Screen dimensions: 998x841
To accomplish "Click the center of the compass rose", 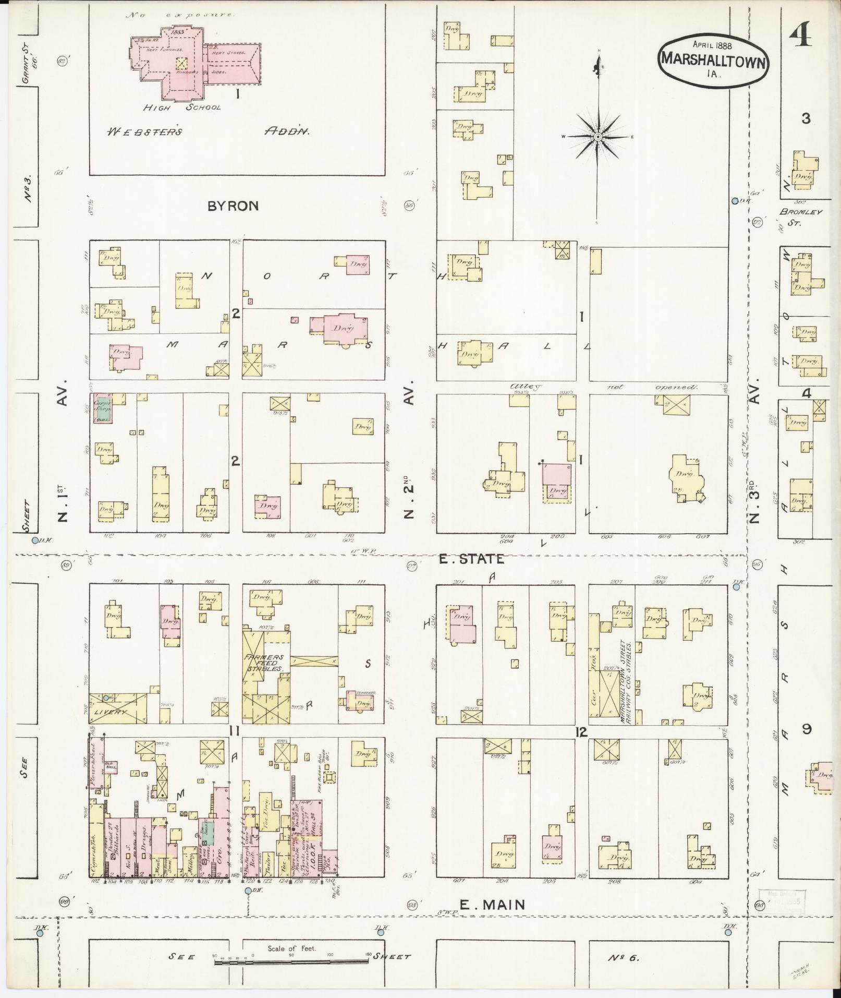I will pos(598,137).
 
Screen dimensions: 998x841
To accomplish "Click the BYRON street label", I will pos(233,206).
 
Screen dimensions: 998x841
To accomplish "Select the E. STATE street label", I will pos(471,559).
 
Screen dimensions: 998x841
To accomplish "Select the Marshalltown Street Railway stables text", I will pos(627,681).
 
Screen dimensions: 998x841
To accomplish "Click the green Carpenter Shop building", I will pos(102,409).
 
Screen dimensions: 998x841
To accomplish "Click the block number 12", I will pos(582,732).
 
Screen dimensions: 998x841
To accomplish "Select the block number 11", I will pos(234,732).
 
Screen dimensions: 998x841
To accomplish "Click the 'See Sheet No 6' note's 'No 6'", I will pos(623,958).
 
